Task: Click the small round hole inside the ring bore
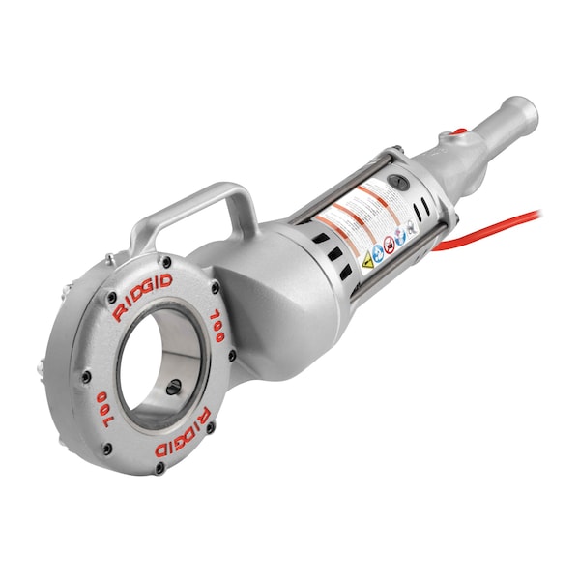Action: point(174,388)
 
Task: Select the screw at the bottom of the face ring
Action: point(159,467)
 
